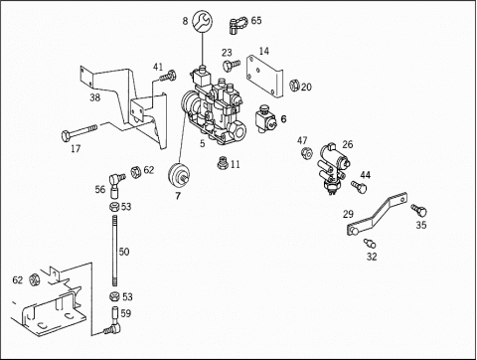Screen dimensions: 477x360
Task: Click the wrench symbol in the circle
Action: (x=202, y=21)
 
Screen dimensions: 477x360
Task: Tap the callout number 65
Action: (x=256, y=21)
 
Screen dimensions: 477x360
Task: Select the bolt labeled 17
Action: (x=79, y=132)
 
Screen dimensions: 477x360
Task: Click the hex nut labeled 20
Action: (x=294, y=86)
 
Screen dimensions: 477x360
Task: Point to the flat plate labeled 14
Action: (x=264, y=77)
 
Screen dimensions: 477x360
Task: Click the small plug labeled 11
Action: (x=223, y=163)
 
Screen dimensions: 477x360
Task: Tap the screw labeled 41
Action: (x=168, y=76)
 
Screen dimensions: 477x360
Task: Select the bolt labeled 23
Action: (x=232, y=64)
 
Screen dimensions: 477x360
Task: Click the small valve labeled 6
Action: (x=266, y=119)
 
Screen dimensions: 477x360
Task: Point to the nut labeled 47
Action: (x=307, y=153)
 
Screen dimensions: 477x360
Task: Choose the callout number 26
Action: (x=348, y=144)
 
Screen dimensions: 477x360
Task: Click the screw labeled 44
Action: (x=359, y=187)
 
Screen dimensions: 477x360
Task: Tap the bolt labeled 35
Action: (x=419, y=210)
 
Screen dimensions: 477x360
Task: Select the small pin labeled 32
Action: (x=370, y=243)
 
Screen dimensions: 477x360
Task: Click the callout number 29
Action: (x=348, y=214)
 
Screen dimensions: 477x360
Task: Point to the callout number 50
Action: (x=124, y=252)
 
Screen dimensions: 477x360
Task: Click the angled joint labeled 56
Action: (x=116, y=184)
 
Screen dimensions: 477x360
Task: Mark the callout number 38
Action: (x=95, y=97)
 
